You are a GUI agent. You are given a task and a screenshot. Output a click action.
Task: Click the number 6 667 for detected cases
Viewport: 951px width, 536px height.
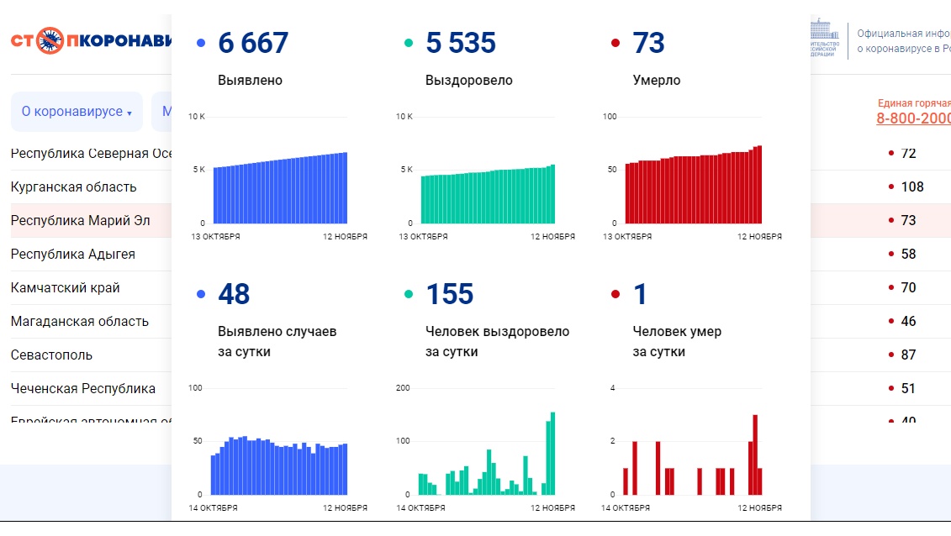pos(252,43)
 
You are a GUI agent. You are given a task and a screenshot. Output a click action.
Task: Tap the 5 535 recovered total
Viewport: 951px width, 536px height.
pos(461,43)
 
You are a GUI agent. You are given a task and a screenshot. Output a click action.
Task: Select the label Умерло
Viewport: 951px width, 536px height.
pos(657,81)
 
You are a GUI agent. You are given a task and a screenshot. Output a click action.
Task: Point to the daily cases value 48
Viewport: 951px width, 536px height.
pos(234,295)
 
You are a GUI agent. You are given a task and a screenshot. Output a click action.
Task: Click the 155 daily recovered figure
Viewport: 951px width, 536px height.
pos(450,295)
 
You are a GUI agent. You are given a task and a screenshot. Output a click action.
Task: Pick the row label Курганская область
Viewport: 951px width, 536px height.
pos(73,187)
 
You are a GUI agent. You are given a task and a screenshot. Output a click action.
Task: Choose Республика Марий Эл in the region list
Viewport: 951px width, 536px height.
pos(81,220)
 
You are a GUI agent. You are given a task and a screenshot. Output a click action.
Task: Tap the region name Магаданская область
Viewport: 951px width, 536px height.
pos(80,321)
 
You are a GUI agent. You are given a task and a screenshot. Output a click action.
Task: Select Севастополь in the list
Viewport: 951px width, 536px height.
pos(51,355)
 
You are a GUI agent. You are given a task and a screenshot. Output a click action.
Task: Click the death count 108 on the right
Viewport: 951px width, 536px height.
pos(911,187)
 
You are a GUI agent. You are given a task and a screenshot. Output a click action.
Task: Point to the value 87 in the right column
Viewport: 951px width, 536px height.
pos(908,355)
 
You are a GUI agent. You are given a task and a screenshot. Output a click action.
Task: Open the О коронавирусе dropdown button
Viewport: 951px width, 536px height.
pos(77,112)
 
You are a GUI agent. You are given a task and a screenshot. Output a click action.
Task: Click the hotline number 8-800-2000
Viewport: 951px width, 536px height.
pos(913,118)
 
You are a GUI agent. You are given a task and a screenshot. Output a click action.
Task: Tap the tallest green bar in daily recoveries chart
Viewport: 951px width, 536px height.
pos(552,453)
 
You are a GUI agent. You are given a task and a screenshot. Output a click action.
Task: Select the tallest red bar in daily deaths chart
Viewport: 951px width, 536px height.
pos(755,455)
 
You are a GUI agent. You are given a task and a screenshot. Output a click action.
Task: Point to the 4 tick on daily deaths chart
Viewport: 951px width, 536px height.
pos(613,387)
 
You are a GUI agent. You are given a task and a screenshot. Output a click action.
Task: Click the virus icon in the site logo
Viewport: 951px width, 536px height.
pos(50,40)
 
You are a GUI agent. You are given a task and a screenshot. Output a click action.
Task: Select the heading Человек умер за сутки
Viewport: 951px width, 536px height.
pos(677,341)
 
